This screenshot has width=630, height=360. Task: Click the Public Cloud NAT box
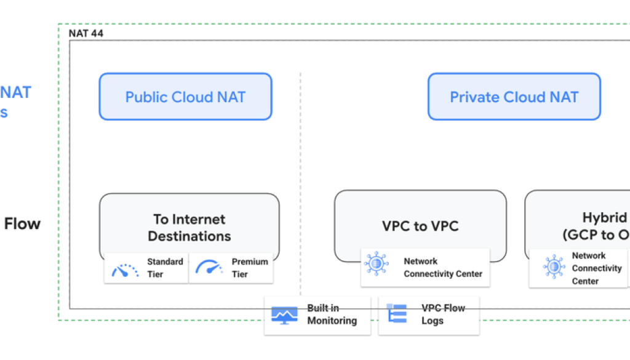(185, 97)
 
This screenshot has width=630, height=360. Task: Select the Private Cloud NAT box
(514, 97)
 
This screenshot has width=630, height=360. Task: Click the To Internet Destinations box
(189, 227)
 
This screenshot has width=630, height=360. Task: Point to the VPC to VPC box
(420, 226)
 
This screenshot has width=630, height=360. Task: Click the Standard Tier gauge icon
(125, 268)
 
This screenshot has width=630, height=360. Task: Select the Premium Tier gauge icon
(209, 268)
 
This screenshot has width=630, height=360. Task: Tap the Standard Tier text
(164, 268)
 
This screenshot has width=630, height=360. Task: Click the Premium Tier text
(249, 268)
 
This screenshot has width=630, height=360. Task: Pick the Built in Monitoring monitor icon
(284, 315)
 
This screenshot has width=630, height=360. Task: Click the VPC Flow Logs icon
(397, 314)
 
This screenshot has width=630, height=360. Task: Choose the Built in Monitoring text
(332, 314)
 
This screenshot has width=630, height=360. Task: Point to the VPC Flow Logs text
(443, 314)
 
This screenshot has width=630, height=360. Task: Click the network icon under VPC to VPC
(376, 263)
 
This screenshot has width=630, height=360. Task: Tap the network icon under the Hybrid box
(553, 267)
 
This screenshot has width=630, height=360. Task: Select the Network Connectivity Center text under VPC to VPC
(443, 268)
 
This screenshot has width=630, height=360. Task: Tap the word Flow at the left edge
(22, 224)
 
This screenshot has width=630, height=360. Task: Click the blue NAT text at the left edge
(15, 93)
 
